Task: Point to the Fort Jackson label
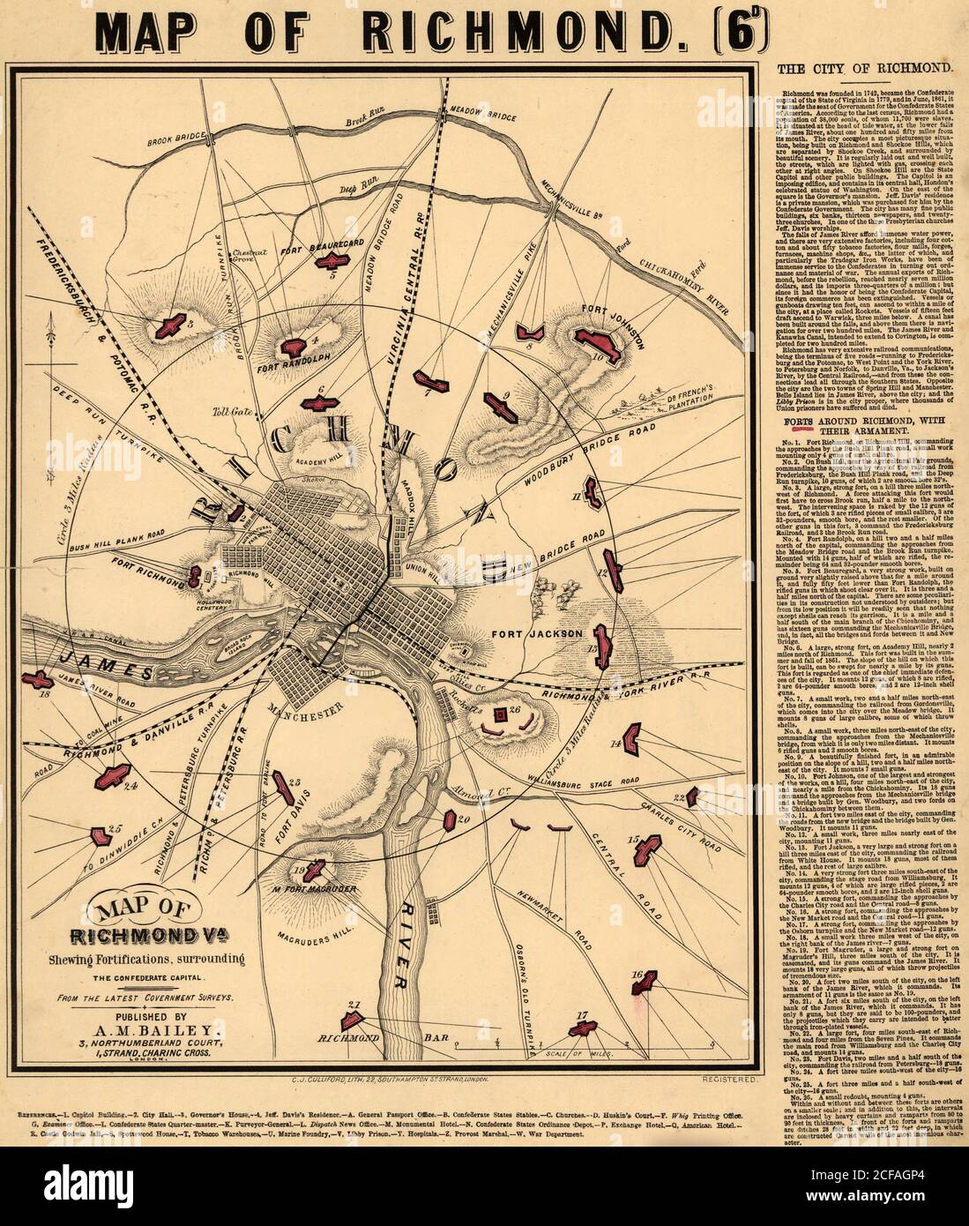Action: click(546, 633)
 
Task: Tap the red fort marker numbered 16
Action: click(645, 979)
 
